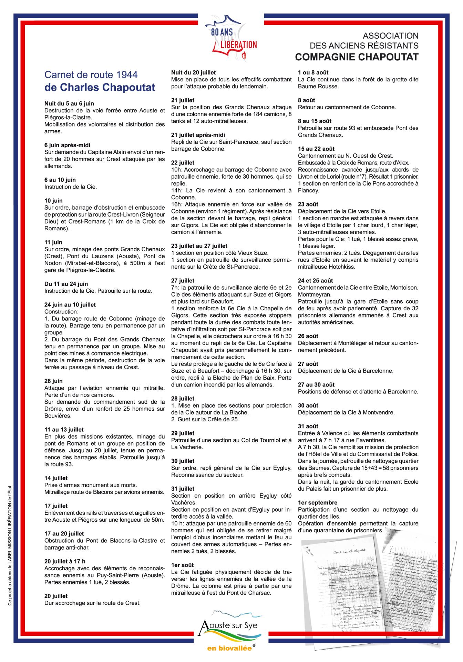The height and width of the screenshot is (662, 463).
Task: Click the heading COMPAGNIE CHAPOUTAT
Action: point(357,57)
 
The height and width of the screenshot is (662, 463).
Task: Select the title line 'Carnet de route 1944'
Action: point(91,74)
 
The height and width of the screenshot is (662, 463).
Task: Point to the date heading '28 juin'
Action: point(53,381)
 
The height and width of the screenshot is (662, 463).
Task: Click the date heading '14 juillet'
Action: point(56,478)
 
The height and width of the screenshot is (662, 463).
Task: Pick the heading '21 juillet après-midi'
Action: point(198,135)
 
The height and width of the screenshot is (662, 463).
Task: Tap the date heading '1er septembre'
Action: point(318,503)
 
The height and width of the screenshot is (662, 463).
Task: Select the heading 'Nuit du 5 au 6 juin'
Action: point(69,103)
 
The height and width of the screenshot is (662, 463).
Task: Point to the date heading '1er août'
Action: point(183,565)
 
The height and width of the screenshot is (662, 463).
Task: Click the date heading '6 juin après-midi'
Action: point(67,145)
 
